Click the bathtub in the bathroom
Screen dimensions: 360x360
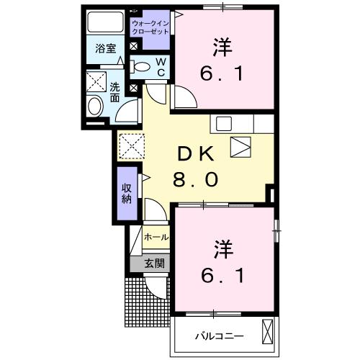[106, 22]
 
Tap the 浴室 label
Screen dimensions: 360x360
[106, 49]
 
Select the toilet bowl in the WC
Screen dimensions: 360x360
[140, 67]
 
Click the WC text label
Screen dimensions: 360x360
[161, 67]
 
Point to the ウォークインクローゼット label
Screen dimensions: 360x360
[150, 28]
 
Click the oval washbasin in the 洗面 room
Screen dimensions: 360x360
[95, 107]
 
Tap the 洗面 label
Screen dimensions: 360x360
[114, 93]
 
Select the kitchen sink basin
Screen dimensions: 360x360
[224, 124]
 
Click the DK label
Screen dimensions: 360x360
[195, 154]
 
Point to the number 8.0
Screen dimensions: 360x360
[196, 179]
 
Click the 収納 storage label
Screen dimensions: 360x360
[127, 194]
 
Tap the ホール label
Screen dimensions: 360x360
[156, 238]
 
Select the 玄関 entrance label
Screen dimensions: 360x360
[154, 264]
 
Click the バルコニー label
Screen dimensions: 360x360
[219, 336]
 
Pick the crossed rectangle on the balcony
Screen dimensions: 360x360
[268, 332]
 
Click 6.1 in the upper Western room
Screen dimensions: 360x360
[222, 73]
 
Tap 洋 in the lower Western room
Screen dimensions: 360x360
[223, 250]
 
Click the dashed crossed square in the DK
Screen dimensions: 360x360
[132, 146]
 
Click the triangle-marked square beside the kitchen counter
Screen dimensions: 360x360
[240, 147]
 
